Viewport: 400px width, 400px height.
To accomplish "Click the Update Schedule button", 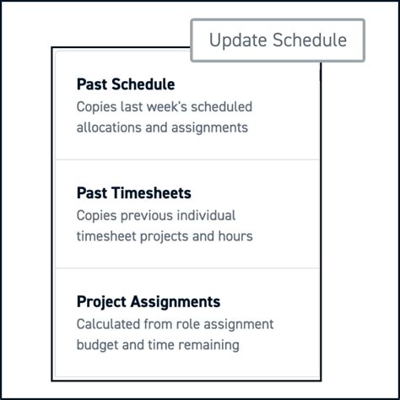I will tap(278, 41).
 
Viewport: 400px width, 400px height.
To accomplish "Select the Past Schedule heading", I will tap(126, 84).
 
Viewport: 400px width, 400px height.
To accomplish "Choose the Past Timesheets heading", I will tap(133, 193).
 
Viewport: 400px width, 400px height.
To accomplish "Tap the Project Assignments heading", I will tap(148, 302).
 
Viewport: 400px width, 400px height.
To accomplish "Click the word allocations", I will tap(110, 128).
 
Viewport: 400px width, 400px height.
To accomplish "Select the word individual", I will tap(206, 216).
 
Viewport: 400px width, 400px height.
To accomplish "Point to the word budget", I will tap(98, 346).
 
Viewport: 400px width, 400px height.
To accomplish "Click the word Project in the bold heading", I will tap(101, 302).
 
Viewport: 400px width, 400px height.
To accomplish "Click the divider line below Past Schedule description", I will tap(186, 159).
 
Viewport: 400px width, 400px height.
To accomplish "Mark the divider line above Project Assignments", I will tap(186, 268).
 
